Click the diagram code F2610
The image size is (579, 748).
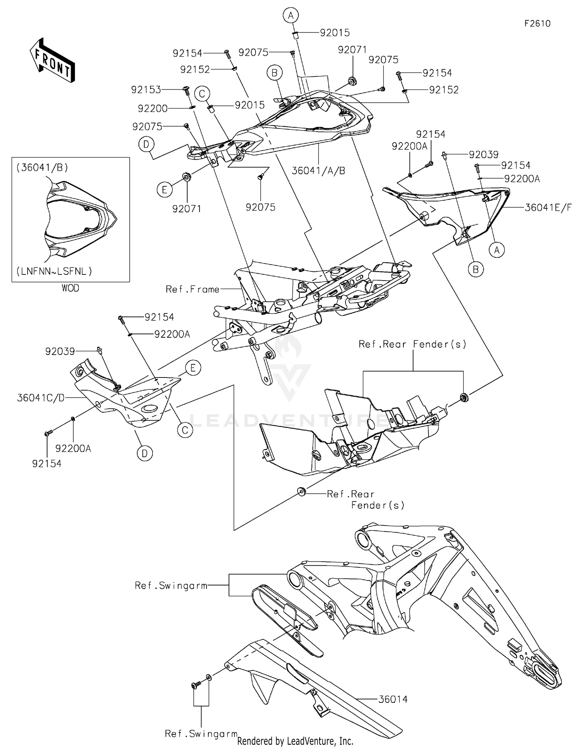click(537, 24)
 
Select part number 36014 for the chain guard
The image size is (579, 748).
click(393, 699)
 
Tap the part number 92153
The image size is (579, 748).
click(146, 90)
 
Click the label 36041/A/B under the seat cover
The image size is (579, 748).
click(318, 170)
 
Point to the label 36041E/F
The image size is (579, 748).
click(548, 208)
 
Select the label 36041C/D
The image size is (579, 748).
click(41, 398)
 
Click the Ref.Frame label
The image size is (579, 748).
click(192, 289)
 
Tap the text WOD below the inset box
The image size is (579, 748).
click(70, 288)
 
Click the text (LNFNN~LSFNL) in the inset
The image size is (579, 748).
click(54, 271)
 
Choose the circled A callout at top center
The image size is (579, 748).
click(291, 15)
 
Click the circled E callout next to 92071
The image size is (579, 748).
click(164, 190)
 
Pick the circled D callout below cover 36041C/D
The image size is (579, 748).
click(145, 453)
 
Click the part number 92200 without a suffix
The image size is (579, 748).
click(152, 109)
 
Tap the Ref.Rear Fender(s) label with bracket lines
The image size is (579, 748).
click(412, 344)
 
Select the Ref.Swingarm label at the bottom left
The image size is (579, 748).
click(201, 733)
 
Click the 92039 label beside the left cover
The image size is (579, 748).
click(60, 351)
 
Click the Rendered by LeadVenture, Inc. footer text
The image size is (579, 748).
click(295, 741)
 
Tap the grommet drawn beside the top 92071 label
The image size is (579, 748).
click(352, 81)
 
